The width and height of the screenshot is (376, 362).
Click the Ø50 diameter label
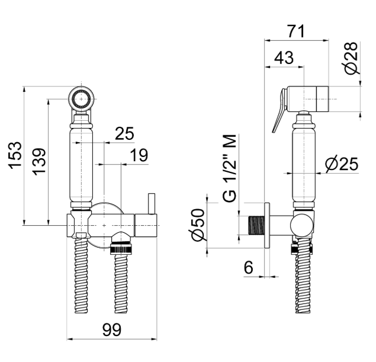199,225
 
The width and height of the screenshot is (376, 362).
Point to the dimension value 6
249,267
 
